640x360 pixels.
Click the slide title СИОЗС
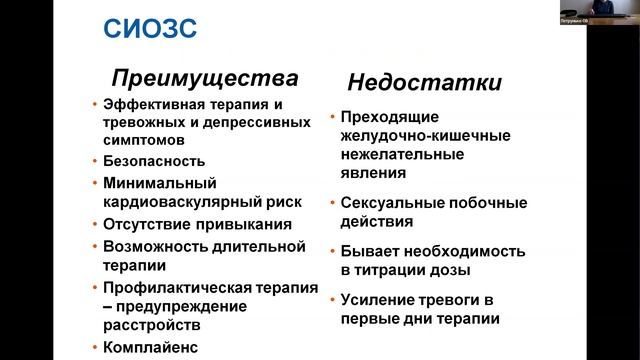click(150, 28)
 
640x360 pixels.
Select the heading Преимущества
click(204, 78)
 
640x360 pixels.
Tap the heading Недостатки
click(424, 82)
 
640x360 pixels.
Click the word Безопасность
click(154, 161)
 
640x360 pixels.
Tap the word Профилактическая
click(174, 288)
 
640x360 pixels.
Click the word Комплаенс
click(151, 348)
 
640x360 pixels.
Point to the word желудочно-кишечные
click(413, 135)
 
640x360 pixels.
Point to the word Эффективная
click(153, 104)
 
